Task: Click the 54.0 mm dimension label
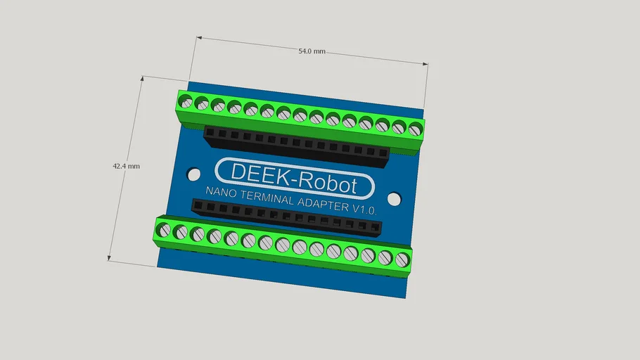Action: [x=312, y=51]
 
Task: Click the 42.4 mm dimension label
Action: [x=126, y=167]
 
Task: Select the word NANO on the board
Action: [x=219, y=192]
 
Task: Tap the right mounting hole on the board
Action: [x=394, y=199]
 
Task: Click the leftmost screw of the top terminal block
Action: [x=186, y=101]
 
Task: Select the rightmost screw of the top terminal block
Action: [x=415, y=129]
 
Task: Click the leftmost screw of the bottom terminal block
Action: [x=163, y=229]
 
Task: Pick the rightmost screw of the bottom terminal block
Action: [x=402, y=260]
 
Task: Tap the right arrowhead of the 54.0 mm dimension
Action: [x=425, y=64]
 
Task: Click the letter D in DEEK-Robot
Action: [x=238, y=172]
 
